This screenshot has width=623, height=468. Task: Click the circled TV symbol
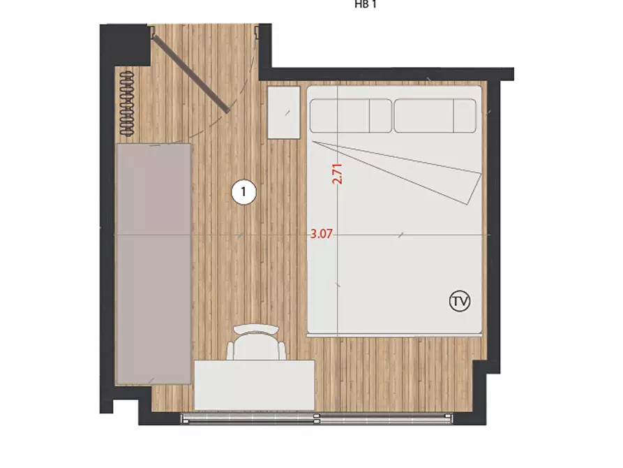[x=460, y=301]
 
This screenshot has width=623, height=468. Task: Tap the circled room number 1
[x=243, y=192]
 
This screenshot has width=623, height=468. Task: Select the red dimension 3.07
[x=321, y=233]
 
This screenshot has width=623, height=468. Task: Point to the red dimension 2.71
[x=337, y=173]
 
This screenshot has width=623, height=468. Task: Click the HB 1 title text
[x=365, y=5]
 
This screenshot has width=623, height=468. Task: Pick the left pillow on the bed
[x=350, y=116]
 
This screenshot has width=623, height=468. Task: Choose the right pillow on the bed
[x=435, y=116]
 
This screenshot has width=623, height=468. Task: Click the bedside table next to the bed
[x=284, y=112]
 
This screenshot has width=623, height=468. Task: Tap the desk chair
[x=256, y=343]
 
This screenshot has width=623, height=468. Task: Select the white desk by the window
[x=254, y=385]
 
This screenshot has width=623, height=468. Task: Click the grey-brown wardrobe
[x=153, y=264]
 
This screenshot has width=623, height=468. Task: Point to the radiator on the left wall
[x=127, y=104]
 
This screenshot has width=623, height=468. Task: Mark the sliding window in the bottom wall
[x=317, y=418]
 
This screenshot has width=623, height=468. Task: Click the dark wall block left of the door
[x=124, y=45]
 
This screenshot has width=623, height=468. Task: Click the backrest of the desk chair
[x=256, y=329]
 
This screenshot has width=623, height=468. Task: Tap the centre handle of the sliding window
[x=317, y=418]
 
